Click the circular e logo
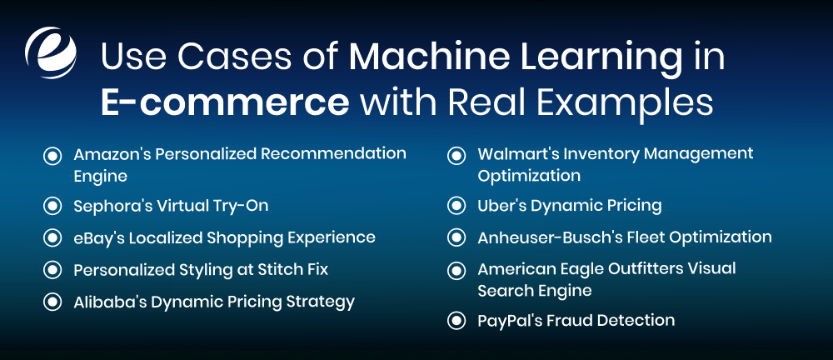click(x=51, y=52)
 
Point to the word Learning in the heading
click(x=594, y=59)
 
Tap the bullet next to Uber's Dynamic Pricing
click(x=456, y=205)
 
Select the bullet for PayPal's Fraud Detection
click(x=456, y=320)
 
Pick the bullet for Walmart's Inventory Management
click(x=456, y=155)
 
